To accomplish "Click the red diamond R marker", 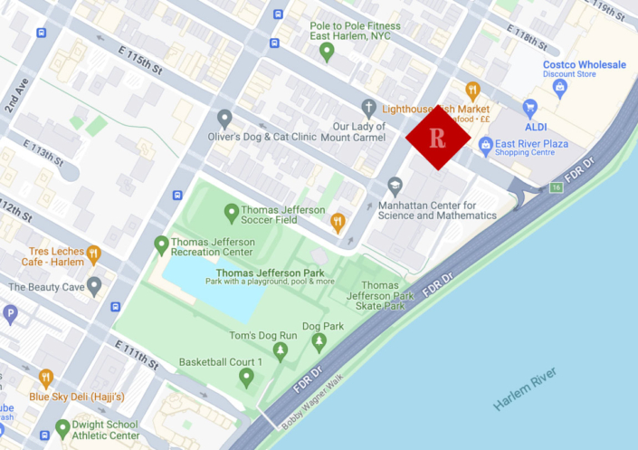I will tap(438, 138).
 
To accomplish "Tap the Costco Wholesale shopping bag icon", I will tap(560, 87).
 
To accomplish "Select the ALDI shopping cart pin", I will tap(530, 108).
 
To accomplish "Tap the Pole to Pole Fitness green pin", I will tap(328, 53).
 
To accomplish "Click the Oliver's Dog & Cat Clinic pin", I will tap(224, 119).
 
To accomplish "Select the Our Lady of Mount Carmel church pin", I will tap(367, 107).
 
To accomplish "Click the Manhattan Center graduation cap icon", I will tap(395, 186).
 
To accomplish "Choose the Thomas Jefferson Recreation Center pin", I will tap(161, 244).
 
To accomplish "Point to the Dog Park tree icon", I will tap(319, 342).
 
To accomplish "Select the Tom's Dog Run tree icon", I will tap(281, 350).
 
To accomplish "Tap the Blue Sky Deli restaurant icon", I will tap(45, 378).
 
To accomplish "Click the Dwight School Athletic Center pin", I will tap(62, 428).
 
